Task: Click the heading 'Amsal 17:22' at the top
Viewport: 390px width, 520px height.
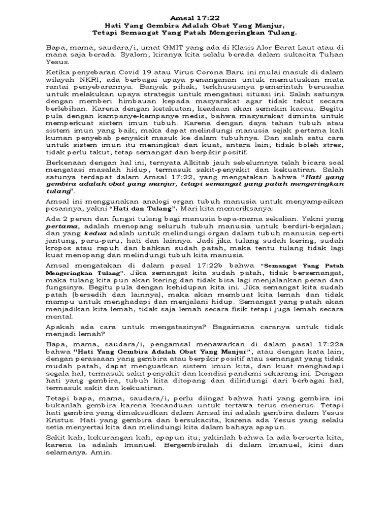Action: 194,16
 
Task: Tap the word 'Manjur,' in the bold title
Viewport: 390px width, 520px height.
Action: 267,24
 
